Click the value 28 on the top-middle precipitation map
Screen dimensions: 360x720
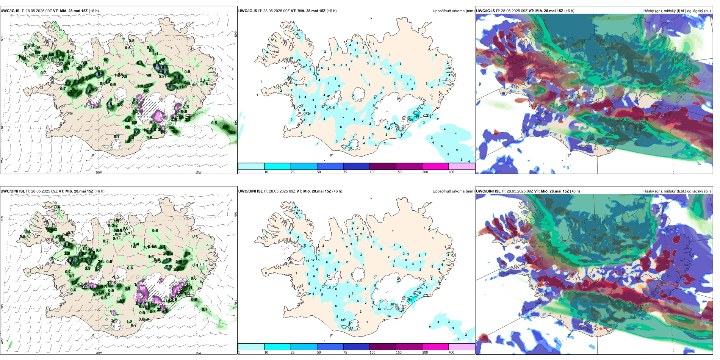coord(418,116)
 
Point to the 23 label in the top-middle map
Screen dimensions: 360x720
coord(412,120)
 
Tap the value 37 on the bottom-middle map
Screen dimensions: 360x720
coord(410,300)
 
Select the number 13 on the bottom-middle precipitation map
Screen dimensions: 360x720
coord(307,261)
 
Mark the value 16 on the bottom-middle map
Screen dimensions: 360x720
coord(392,304)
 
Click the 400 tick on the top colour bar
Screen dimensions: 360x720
coord(451,172)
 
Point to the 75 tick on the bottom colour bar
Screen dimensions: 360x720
coord(345,352)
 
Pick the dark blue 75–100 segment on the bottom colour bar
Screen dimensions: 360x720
coord(356,346)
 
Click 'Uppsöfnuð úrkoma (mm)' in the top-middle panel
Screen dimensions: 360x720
coord(453,11)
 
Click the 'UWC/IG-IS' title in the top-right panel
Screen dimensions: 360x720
coord(485,11)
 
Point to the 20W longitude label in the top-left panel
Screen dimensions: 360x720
coord(99,172)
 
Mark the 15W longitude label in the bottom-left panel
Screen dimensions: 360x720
coord(198,353)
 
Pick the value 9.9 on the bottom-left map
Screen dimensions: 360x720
coord(120,230)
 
